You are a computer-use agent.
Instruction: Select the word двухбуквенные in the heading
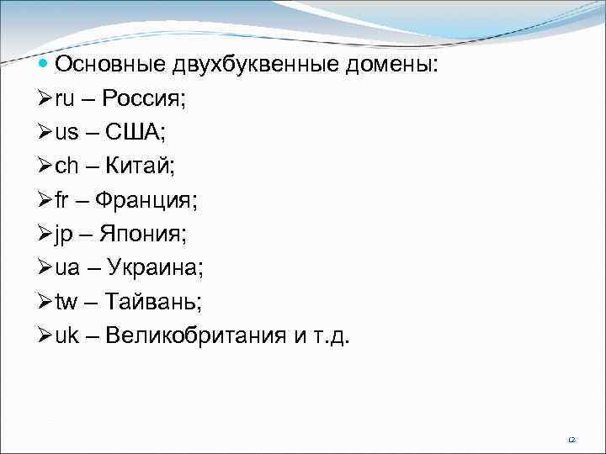click(258, 65)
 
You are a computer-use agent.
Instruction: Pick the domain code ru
click(65, 99)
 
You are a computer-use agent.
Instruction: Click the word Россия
click(145, 99)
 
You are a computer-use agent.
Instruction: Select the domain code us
click(67, 133)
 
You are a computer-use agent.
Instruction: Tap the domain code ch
click(67, 166)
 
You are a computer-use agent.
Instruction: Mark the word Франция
click(145, 201)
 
